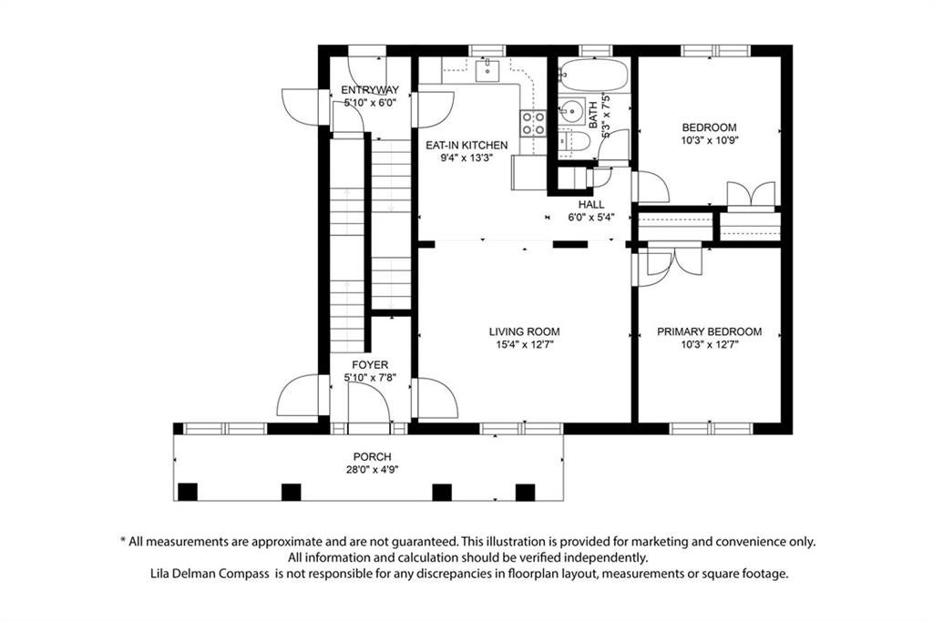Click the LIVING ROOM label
point(524,332)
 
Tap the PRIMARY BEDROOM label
point(709,332)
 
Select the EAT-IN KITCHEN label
point(466,145)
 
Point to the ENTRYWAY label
point(370,90)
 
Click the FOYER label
point(370,364)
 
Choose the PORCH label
point(373,457)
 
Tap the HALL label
point(590,205)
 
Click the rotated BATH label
point(593,115)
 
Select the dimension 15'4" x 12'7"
point(525,344)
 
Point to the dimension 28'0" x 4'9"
point(373,469)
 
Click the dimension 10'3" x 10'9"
point(709,140)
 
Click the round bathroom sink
point(572,111)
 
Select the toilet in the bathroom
point(574,142)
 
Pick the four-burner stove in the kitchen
point(533,123)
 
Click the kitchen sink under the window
point(488,70)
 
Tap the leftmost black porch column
point(188,492)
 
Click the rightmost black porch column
point(525,493)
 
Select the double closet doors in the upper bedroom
point(751,196)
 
